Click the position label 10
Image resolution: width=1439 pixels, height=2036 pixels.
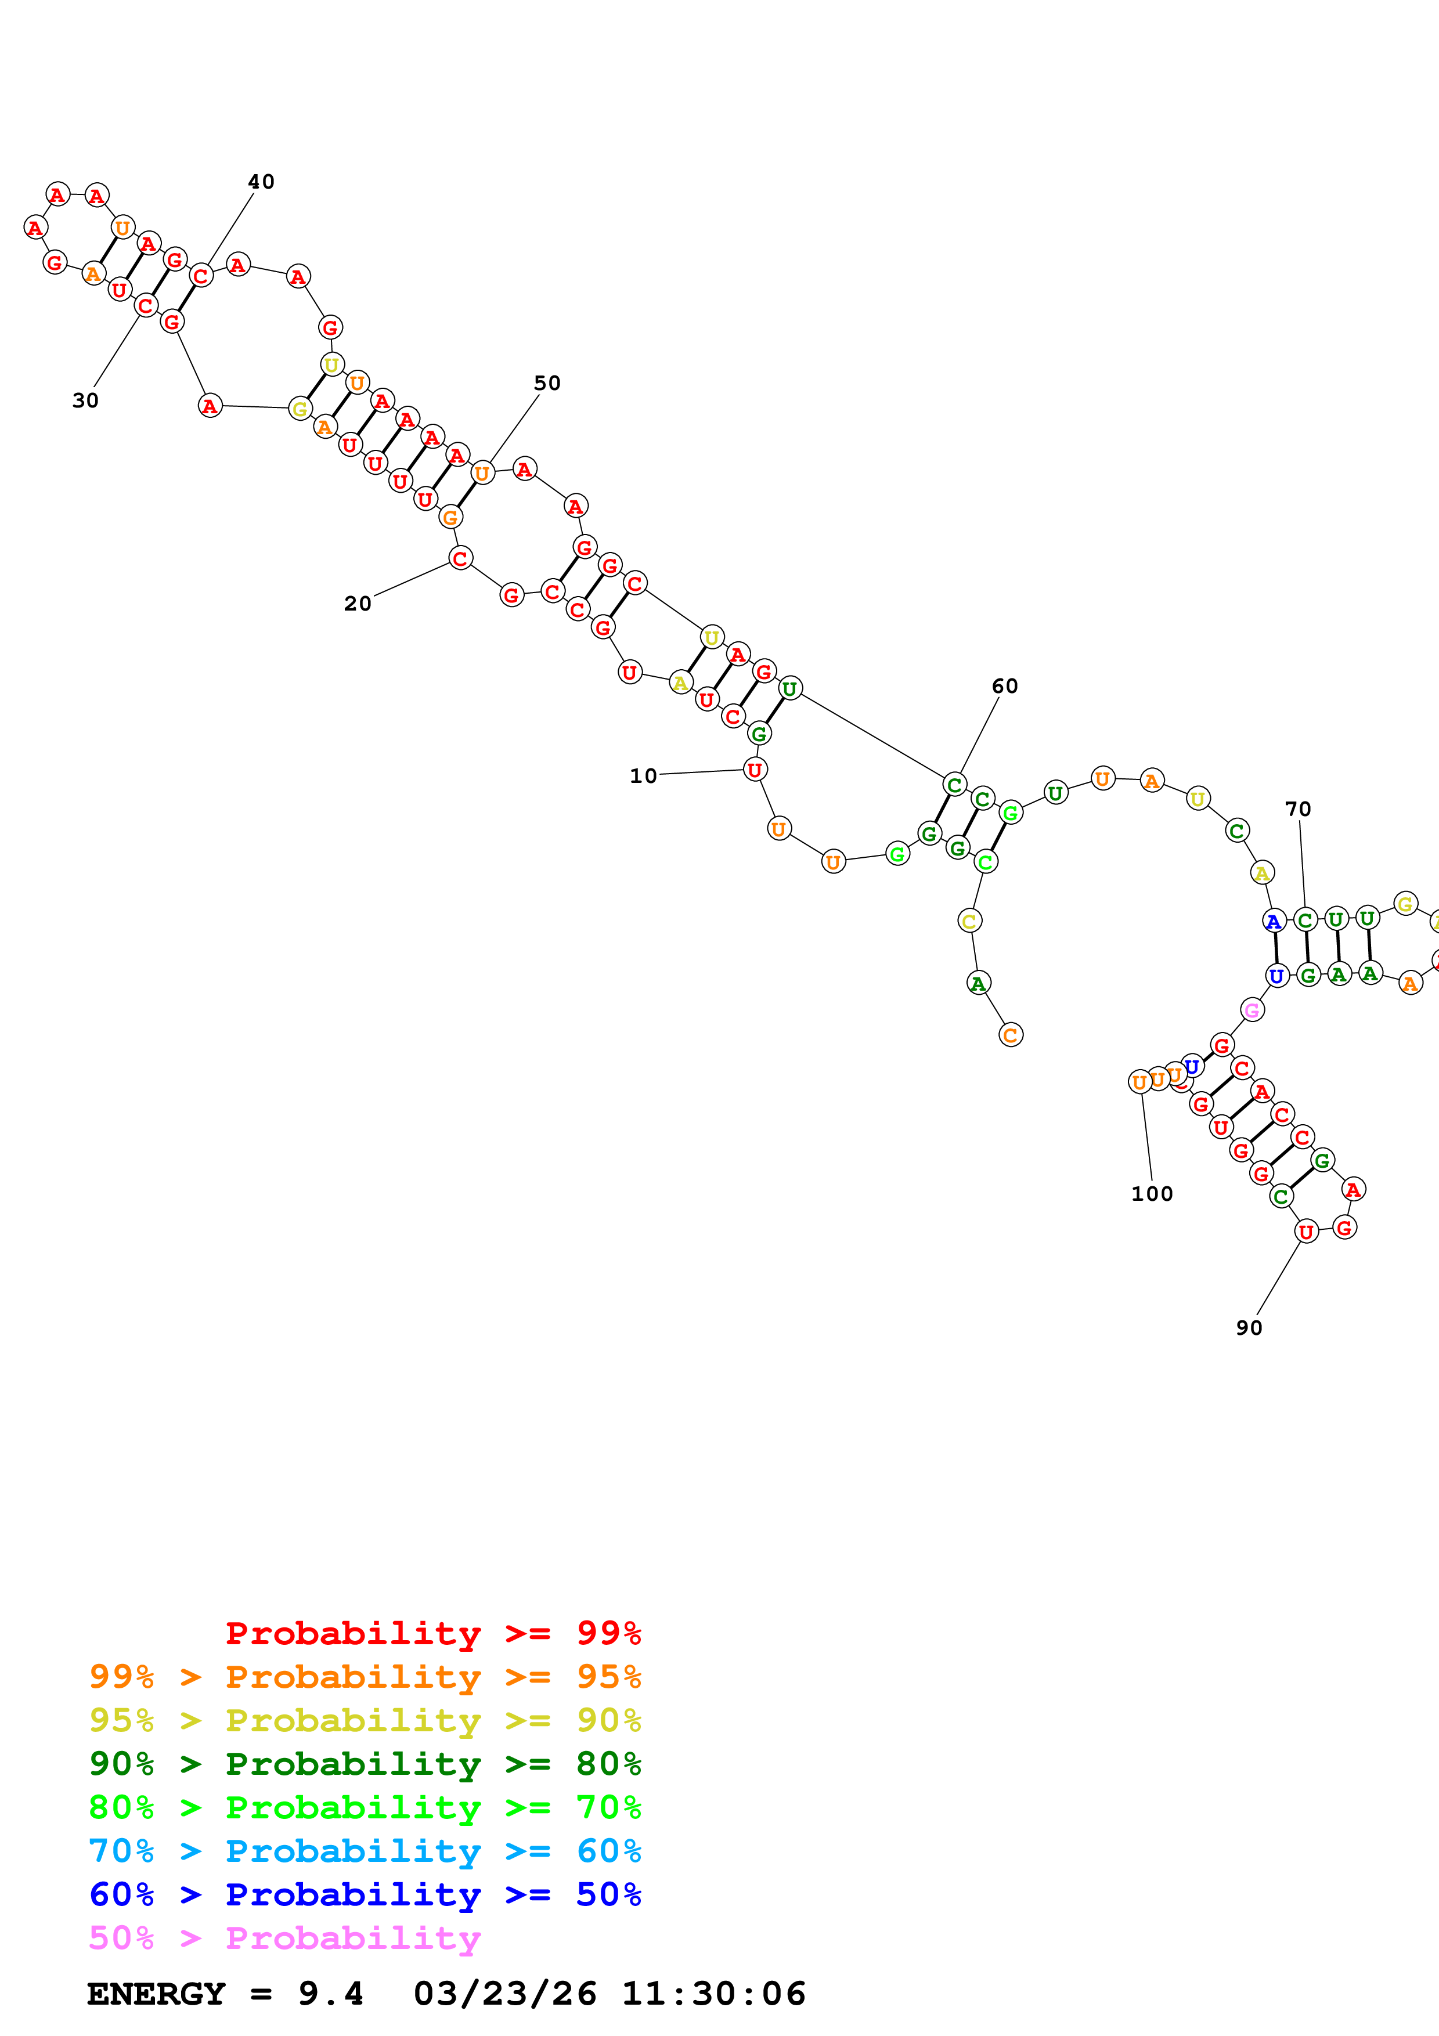coord(643,776)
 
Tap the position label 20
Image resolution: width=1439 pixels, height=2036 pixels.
coord(358,604)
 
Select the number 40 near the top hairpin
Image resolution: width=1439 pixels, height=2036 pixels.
coord(261,182)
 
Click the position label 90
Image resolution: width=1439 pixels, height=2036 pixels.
coord(1249,1327)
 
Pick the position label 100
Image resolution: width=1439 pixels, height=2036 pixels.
coord(1152,1194)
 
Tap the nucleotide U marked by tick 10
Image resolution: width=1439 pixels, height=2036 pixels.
coord(755,770)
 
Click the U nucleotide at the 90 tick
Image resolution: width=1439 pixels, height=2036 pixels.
coord(1306,1231)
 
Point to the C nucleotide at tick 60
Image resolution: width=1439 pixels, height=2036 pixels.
coord(954,785)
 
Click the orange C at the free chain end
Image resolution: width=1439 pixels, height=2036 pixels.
coord(1011,1035)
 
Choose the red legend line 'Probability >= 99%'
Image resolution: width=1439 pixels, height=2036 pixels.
coord(432,1633)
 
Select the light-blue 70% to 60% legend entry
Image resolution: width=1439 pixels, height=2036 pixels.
coord(365,1851)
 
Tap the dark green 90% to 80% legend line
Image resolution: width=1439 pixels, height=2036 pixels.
coord(365,1764)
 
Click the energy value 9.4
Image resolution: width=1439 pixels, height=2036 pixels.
coord(330,1994)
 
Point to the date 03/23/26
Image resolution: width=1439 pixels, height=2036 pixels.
coord(504,1994)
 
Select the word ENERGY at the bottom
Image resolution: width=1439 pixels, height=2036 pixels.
coord(156,1994)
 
